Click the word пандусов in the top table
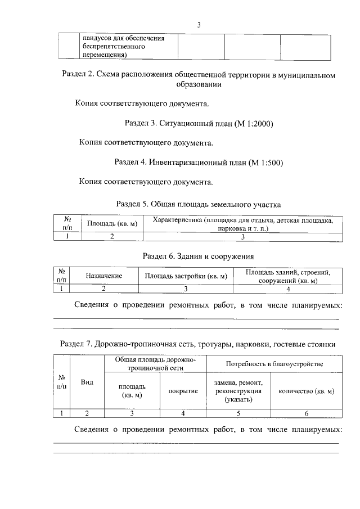tap(97, 38)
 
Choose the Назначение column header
tap(103, 276)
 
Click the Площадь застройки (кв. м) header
tap(185, 276)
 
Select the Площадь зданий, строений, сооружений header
tap(287, 276)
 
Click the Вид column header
tap(87, 382)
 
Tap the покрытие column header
tap(183, 391)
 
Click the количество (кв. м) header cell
tap(306, 391)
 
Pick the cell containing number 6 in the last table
tap(306, 413)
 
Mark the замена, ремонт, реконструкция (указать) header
tap(238, 391)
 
